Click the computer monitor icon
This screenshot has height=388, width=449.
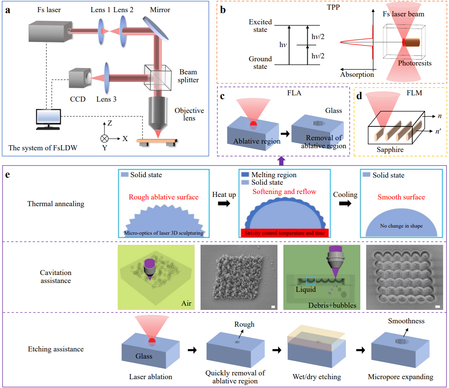(x=48, y=119)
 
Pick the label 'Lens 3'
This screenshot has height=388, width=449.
(x=106, y=100)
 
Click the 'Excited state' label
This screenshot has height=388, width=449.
(x=260, y=26)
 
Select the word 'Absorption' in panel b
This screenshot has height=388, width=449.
(x=357, y=74)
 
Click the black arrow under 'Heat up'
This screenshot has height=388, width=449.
(x=224, y=203)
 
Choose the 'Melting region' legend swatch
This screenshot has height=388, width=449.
(x=245, y=175)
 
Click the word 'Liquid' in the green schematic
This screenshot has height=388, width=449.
(x=305, y=289)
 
